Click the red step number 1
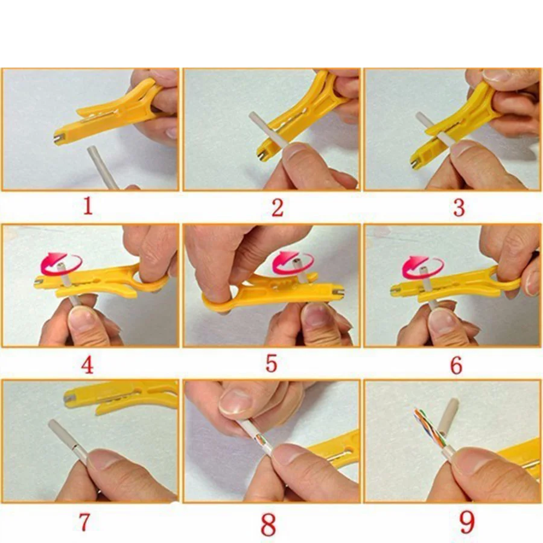pos(88,206)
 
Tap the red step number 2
pos(278,208)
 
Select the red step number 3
pos(459,208)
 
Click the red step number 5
pos(271,364)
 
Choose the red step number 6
pos(457,364)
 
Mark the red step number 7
pos(84,522)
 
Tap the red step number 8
pos(268,524)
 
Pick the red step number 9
pos(467,522)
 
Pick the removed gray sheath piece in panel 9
pos(448,419)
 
